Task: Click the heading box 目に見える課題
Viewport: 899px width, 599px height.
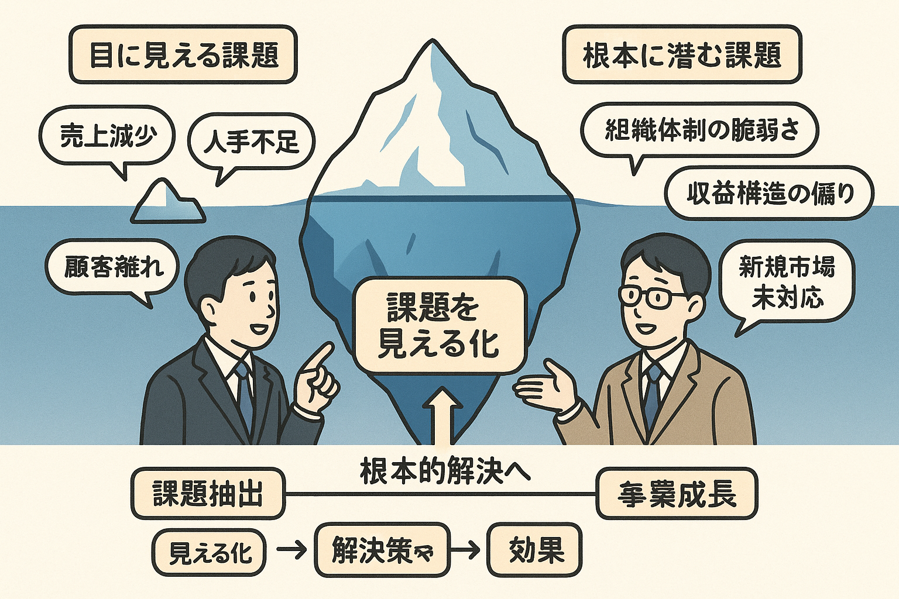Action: tap(183, 54)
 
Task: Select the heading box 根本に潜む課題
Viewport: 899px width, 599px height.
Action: tap(682, 54)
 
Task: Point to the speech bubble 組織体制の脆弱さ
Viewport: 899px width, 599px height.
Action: tap(700, 130)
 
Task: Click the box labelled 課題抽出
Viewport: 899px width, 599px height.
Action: tap(208, 494)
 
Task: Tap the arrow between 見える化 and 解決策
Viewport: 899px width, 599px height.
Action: tap(291, 550)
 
